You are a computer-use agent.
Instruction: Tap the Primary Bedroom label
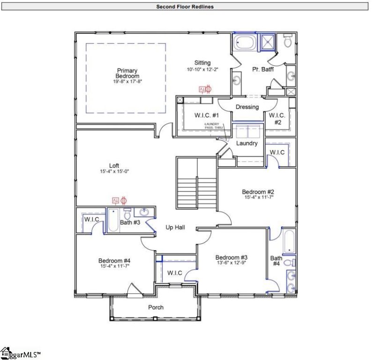click(127, 73)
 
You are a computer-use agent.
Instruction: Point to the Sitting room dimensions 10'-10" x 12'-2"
click(202, 69)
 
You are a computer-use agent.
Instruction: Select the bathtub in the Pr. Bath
click(244, 43)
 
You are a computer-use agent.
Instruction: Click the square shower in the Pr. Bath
click(269, 41)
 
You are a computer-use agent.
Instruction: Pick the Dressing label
click(247, 107)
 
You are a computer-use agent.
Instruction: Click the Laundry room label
click(247, 143)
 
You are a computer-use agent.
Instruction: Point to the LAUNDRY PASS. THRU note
click(213, 126)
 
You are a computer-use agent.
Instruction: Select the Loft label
click(114, 166)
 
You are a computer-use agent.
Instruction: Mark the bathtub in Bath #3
click(113, 220)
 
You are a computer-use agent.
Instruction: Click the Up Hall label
click(175, 228)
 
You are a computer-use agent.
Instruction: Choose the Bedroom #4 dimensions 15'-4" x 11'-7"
click(115, 266)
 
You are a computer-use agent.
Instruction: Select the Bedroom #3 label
click(231, 257)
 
